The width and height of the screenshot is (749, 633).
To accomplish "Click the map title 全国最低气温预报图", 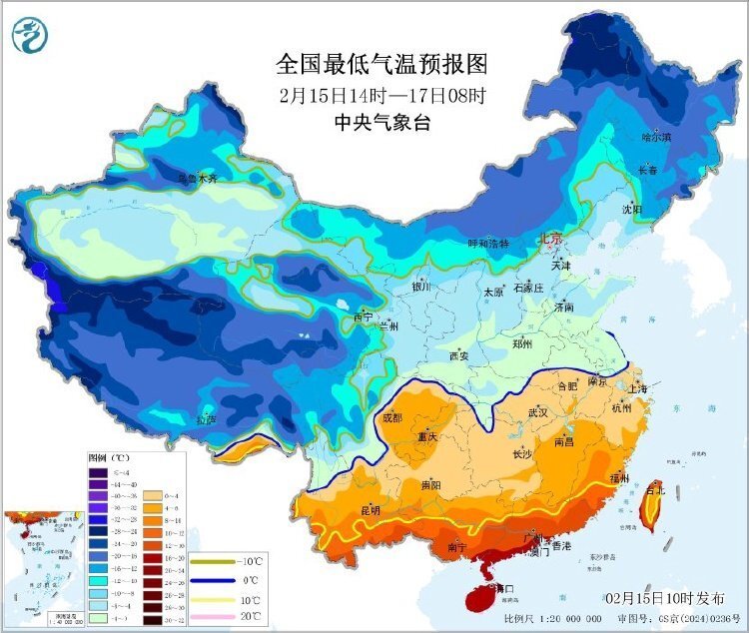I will [381, 65].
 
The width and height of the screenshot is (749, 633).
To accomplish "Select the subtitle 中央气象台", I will [381, 122].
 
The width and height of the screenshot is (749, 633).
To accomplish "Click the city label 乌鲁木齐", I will [197, 179].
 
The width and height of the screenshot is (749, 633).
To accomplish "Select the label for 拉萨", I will [206, 419].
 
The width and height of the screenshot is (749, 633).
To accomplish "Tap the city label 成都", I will [391, 417].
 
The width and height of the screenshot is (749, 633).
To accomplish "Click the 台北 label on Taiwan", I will [654, 490].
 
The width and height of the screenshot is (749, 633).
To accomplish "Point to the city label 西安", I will [458, 354].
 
